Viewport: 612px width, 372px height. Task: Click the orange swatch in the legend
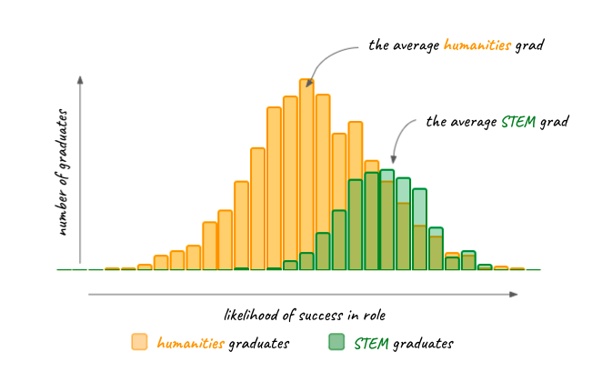139,342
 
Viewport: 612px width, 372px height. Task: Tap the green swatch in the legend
336,342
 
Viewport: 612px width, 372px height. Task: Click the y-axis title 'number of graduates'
63,172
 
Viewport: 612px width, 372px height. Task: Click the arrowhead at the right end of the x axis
514,295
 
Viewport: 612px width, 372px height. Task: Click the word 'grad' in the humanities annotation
528,45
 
